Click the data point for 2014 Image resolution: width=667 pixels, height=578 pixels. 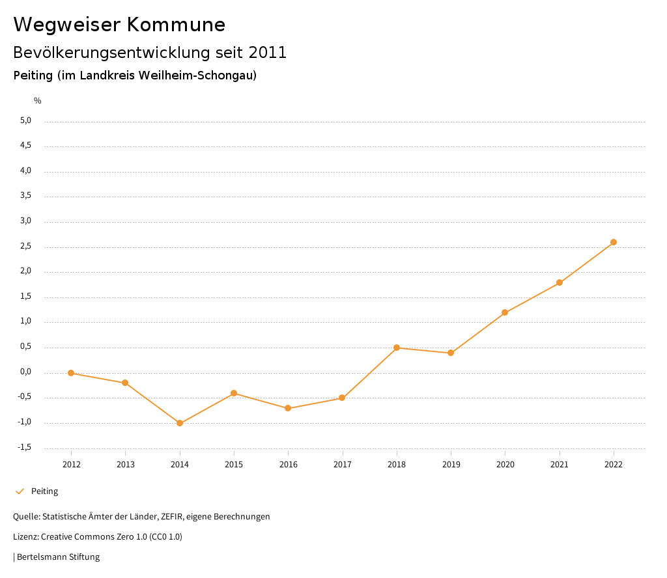[x=180, y=423]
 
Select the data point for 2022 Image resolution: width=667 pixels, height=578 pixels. [x=614, y=242]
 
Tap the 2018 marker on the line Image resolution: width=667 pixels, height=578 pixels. [x=397, y=348]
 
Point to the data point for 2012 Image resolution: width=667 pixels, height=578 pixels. [x=71, y=373]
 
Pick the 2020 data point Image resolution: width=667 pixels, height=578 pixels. [x=505, y=312]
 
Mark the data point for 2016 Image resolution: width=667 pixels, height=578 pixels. [x=288, y=408]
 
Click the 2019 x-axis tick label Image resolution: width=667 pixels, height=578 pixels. [x=451, y=464]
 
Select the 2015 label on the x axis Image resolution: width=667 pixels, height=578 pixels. [x=234, y=464]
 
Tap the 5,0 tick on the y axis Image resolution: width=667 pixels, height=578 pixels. [x=25, y=120]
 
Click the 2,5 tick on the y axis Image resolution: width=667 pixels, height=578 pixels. [x=25, y=247]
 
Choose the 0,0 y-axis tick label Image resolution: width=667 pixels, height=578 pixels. [x=25, y=372]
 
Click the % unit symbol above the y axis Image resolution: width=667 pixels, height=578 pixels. [x=38, y=100]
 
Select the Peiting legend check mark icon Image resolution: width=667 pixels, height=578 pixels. [x=20, y=491]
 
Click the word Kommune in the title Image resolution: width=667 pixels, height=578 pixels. [x=176, y=25]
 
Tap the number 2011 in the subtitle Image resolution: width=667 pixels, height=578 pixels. [x=268, y=53]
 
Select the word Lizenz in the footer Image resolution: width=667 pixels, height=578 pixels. [x=25, y=537]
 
